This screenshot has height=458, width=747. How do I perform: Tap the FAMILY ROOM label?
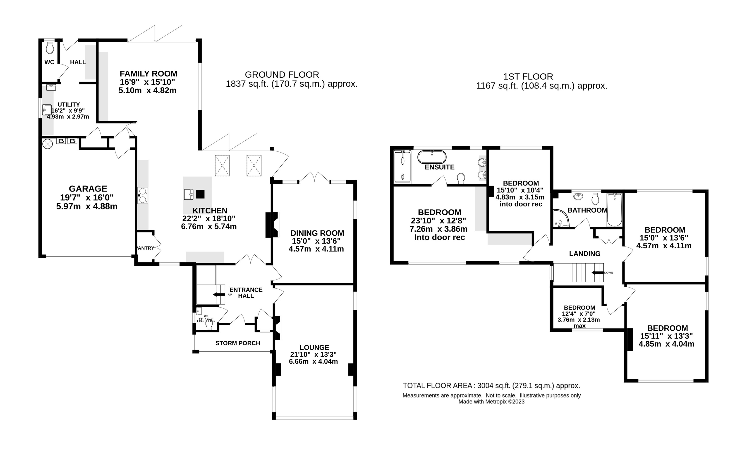tap(148, 74)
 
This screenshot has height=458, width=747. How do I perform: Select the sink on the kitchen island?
tap(189, 194)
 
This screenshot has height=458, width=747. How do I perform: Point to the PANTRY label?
tap(145, 248)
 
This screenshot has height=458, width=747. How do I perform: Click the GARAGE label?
tap(88, 189)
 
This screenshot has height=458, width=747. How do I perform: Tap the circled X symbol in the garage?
tap(48, 144)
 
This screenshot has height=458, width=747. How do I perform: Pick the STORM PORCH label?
tap(238, 343)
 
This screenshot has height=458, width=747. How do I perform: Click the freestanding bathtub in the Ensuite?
tap(432, 157)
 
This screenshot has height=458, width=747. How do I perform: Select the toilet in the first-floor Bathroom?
tap(595, 199)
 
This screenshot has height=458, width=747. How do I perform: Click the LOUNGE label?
tap(314, 347)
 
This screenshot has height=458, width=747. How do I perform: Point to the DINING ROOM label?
tap(317, 233)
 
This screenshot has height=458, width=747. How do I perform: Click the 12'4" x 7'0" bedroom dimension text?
tap(579, 314)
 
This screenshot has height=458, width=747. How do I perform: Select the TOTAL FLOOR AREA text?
tap(491, 386)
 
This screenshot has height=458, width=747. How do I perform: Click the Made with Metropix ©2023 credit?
tap(491, 402)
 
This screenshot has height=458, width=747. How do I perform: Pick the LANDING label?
tap(584, 254)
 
